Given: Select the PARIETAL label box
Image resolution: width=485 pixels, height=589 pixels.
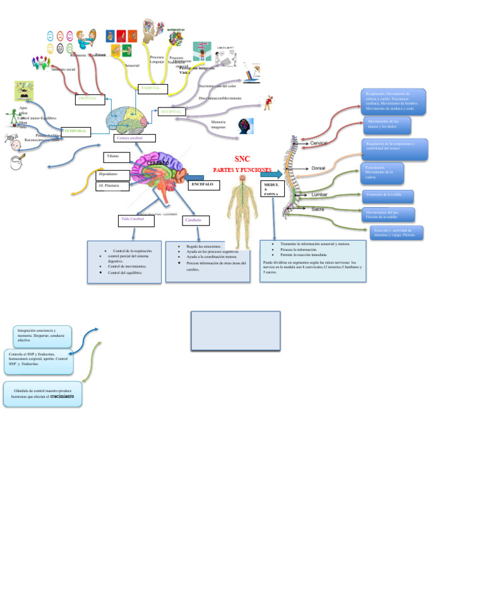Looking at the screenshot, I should pos(152,88).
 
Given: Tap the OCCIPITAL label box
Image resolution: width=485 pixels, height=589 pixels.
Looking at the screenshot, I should pos(172,112).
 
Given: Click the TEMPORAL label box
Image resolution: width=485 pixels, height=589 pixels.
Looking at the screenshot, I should pos(75,131).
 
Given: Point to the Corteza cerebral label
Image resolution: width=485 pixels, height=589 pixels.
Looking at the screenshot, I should pos(134,138).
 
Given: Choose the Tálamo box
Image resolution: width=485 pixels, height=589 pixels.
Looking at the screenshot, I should pos(116,156).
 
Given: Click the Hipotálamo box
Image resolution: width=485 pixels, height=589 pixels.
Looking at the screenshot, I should pos(113,174).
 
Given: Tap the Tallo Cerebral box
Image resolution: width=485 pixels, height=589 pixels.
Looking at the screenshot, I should pos(136,220).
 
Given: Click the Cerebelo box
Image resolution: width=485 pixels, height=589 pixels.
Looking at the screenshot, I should pos(196,221).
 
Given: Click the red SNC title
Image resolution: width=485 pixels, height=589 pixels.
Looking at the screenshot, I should pos(242,159).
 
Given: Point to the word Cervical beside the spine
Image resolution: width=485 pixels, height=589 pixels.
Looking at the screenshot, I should pos(319,143).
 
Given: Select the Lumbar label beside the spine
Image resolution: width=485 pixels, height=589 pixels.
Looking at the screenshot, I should pos(320,195).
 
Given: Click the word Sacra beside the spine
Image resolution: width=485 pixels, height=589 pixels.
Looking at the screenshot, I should pos(318,209).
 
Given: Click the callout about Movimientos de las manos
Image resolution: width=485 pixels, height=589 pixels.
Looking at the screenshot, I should pos(387,124).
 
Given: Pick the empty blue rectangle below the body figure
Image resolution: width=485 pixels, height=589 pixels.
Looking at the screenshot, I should pos(236,330).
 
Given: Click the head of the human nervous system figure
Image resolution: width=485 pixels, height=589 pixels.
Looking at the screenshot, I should pos(242,179).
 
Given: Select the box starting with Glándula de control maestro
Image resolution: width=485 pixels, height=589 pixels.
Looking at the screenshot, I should pos(42,394).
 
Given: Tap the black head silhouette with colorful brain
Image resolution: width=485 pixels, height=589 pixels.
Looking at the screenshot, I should pos(246,126).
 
